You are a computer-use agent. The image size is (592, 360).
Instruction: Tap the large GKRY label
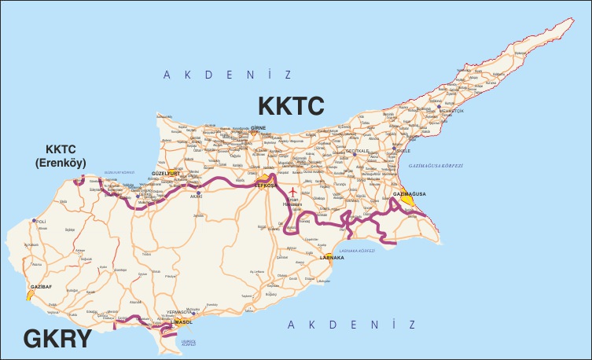pos(58,338)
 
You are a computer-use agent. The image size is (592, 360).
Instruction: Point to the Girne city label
pos(258,127)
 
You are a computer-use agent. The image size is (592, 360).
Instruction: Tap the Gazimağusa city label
pos(409,193)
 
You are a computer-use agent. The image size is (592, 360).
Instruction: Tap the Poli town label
pos(42,222)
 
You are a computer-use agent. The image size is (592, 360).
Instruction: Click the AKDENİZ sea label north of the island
pos(227,75)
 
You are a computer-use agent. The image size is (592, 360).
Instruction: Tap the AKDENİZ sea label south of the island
pos(350,325)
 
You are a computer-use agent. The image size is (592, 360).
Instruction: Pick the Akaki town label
pos(195,197)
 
